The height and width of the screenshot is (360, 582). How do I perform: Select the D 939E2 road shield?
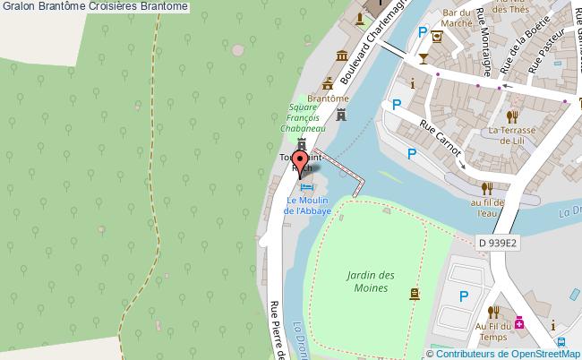[x=500, y=243]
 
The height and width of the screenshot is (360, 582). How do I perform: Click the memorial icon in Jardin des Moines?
[x=414, y=293]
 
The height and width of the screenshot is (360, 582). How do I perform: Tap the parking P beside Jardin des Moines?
[x=464, y=296]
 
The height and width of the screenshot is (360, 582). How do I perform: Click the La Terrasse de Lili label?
[x=512, y=134]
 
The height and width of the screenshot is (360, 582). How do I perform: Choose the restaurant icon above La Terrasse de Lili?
[x=512, y=116]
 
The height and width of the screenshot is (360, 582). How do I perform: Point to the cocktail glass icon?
[x=423, y=58]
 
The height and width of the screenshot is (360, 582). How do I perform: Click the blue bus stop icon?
[x=561, y=342]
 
